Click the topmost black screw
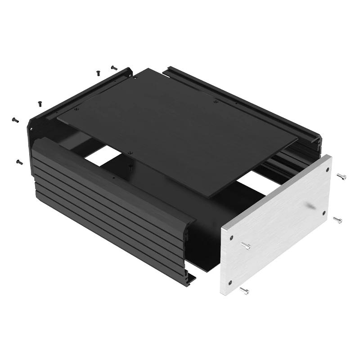click(113, 67)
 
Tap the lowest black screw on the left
click(18, 161)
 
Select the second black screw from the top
click(98, 72)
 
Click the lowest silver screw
click(244, 291)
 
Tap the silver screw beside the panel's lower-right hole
click(337, 220)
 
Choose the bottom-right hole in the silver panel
click(323, 211)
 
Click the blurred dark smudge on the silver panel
click(310, 206)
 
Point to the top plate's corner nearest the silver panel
click(209, 197)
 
